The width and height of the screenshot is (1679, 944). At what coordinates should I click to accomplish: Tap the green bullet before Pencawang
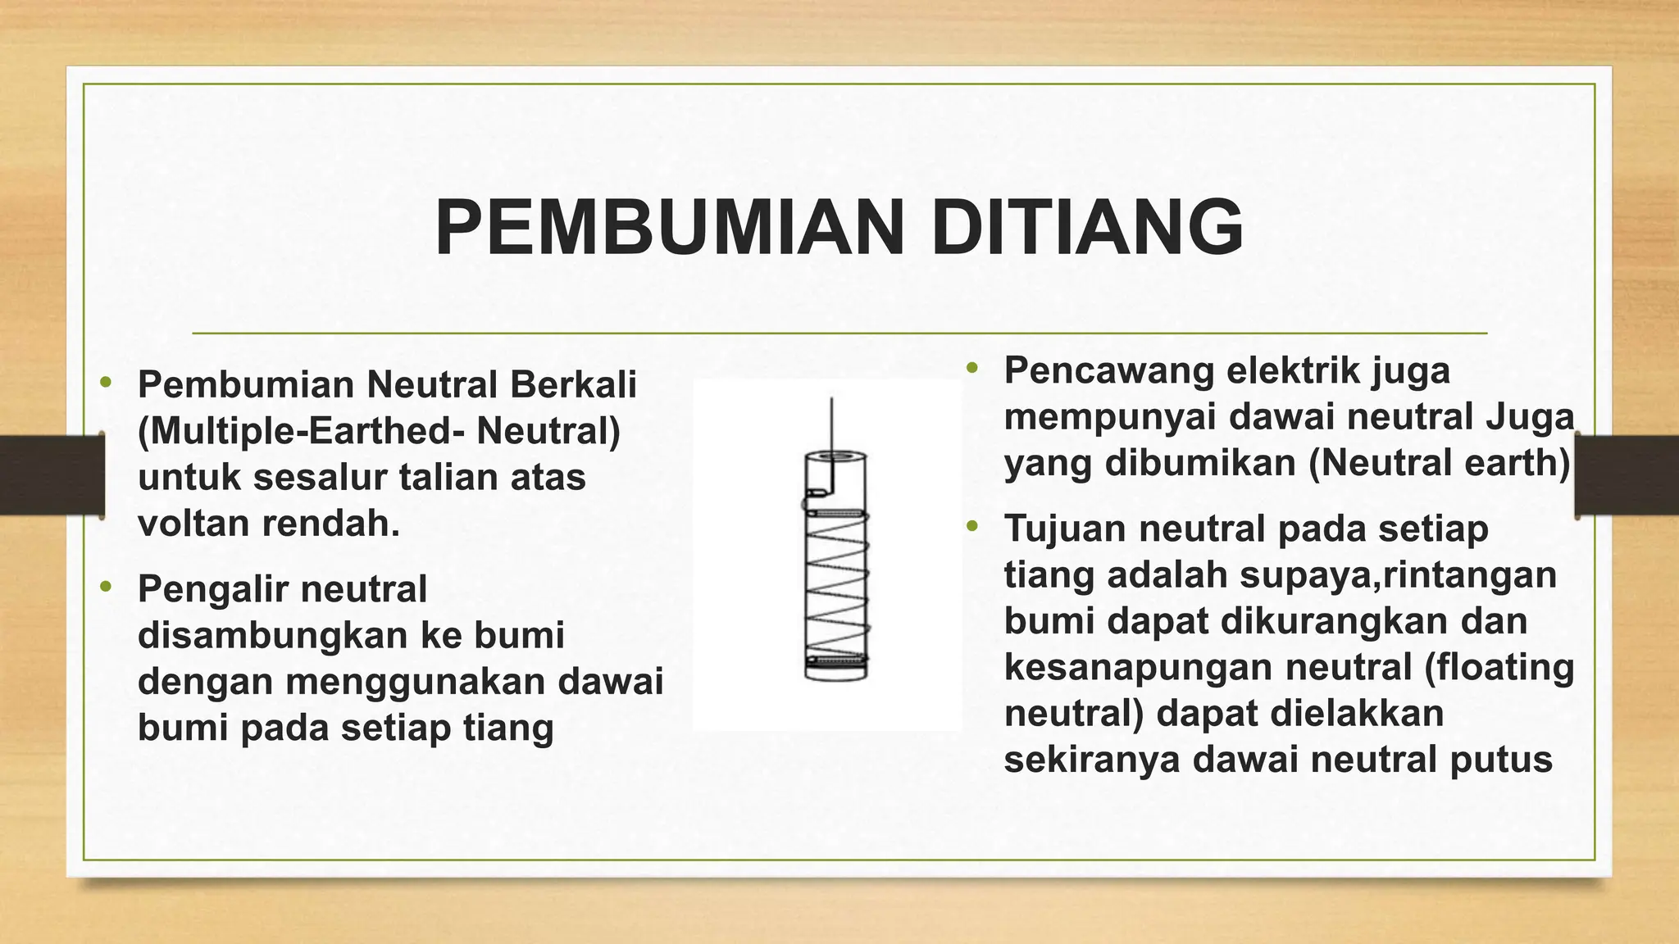[x=973, y=368]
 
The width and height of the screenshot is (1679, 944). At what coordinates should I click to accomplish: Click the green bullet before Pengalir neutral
[x=105, y=587]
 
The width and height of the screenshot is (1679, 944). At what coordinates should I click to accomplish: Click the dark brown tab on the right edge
[x=1627, y=477]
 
